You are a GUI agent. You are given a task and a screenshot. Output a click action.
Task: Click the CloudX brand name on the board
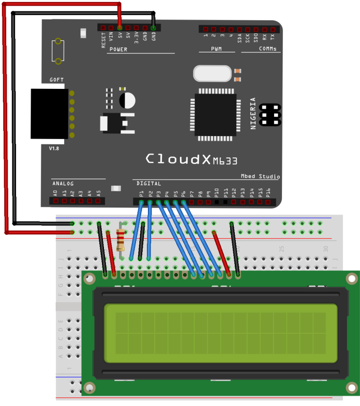point(180,159)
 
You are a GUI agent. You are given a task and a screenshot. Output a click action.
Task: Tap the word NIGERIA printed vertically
point(253,113)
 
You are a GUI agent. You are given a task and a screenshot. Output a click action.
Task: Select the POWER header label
point(118,49)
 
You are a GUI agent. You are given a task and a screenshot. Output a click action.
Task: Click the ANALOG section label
point(63,183)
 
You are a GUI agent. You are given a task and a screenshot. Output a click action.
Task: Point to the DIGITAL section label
point(149,183)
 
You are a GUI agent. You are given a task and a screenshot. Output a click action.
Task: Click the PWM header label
point(216,49)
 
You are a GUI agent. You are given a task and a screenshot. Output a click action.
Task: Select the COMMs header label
point(267,49)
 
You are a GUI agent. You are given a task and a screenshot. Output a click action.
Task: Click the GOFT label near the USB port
point(57,80)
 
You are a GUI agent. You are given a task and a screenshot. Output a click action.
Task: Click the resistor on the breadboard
point(120,239)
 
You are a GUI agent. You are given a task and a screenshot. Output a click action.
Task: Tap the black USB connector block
point(49,114)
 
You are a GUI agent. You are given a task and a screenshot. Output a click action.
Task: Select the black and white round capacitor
point(127,100)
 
